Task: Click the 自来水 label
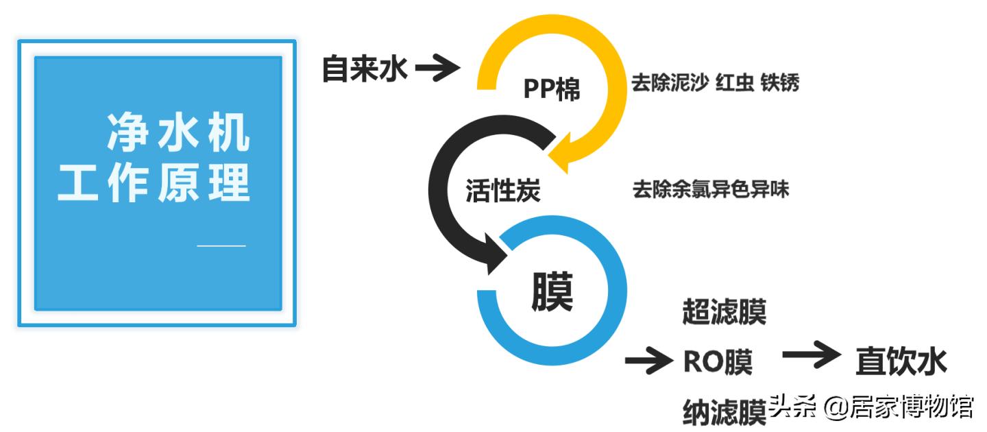pyautogui.click(x=365, y=69)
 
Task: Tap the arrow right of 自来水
pyautogui.click(x=437, y=68)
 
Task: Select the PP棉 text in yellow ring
pyautogui.click(x=552, y=89)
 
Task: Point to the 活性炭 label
pyautogui.click(x=502, y=190)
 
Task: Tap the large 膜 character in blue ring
pyautogui.click(x=552, y=293)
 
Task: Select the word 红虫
pyautogui.click(x=735, y=84)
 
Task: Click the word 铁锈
pyautogui.click(x=780, y=84)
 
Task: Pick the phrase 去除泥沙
pyautogui.click(x=670, y=84)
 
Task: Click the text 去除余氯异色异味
pyautogui.click(x=710, y=189)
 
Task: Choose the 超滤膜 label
pyautogui.click(x=724, y=312)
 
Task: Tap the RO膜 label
pyautogui.click(x=717, y=363)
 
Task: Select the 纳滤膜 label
pyautogui.click(x=724, y=411)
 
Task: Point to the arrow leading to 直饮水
pyautogui.click(x=810, y=355)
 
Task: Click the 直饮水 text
pyautogui.click(x=901, y=361)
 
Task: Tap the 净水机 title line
pyautogui.click(x=178, y=134)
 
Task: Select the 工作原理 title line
pyautogui.click(x=154, y=184)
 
